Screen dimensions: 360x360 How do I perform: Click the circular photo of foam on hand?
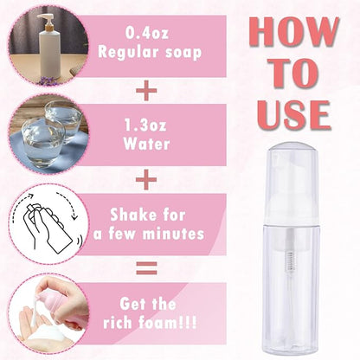pyautogui.click(x=45, y=314)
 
